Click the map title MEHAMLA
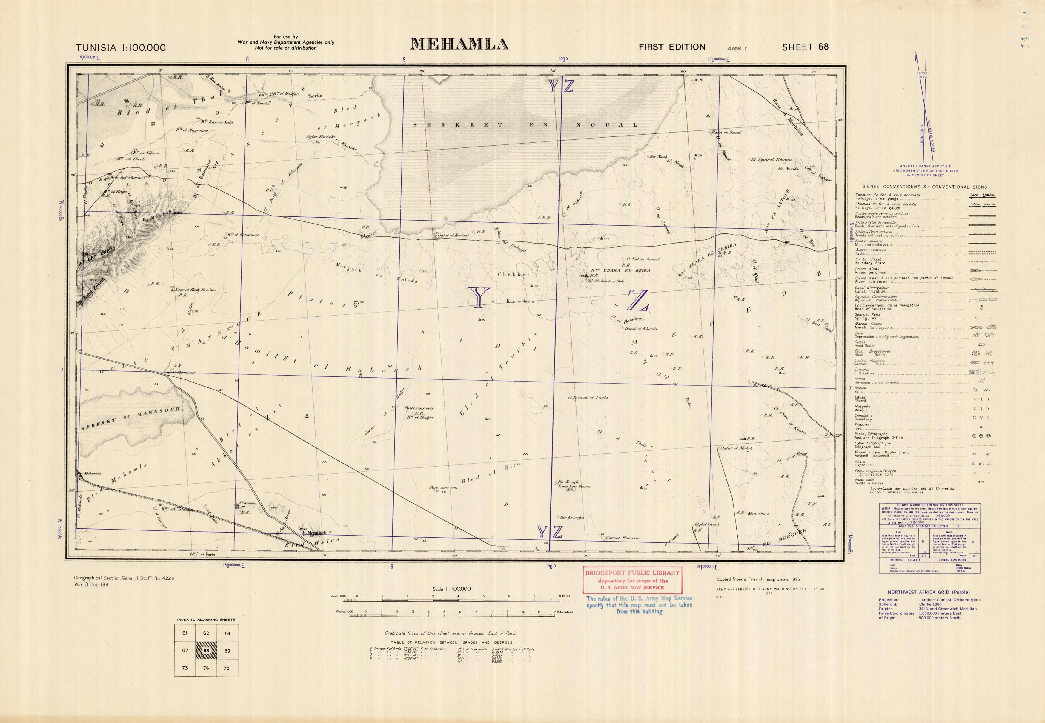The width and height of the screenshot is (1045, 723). [x=459, y=44]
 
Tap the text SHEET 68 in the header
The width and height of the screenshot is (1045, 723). [x=805, y=47]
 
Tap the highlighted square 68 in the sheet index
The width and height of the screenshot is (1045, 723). [x=206, y=650]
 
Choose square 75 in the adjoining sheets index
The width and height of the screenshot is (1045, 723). [x=227, y=668]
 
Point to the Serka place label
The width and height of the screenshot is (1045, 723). [x=315, y=96]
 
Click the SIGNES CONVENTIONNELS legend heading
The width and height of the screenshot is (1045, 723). [x=924, y=187]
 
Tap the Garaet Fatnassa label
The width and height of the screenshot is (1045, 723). [x=623, y=538]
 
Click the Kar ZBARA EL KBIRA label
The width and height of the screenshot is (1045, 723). [x=620, y=270]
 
